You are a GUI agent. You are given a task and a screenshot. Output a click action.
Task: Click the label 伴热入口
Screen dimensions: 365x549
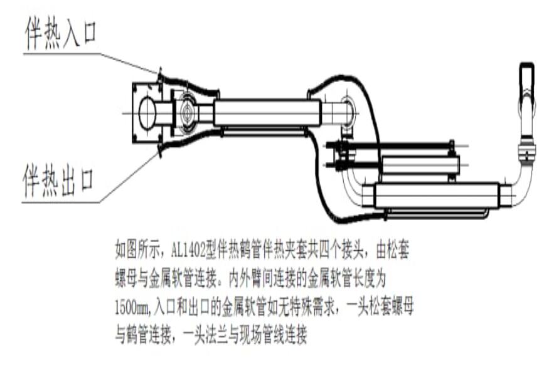[x=61, y=31]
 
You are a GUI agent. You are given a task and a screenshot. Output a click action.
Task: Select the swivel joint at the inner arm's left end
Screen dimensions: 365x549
[x=188, y=114]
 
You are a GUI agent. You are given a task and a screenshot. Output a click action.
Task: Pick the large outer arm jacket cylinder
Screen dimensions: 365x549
[x=436, y=195]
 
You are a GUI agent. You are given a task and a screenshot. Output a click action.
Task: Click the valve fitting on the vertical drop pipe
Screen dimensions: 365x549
[x=526, y=151]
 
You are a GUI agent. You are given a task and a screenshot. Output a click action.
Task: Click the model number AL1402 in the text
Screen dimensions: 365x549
[x=190, y=249]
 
